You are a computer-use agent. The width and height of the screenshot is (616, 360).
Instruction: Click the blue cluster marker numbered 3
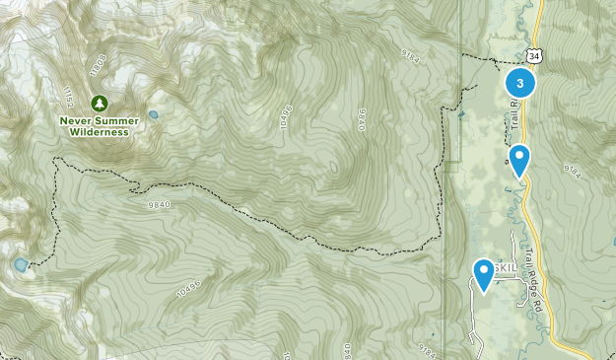pyautogui.click(x=519, y=84)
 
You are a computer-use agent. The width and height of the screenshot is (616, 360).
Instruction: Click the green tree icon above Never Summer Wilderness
pyautogui.click(x=99, y=103)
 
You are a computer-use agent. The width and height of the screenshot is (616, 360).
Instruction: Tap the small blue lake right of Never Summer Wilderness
pyautogui.click(x=154, y=115)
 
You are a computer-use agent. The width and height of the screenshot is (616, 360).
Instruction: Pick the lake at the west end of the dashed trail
pyautogui.click(x=20, y=264)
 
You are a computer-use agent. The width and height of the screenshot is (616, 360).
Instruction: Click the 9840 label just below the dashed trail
pyautogui.click(x=157, y=204)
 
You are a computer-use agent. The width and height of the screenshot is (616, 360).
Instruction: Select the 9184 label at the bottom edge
pyautogui.click(x=426, y=350)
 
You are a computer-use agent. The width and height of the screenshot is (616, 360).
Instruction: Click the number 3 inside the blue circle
pyautogui.click(x=519, y=84)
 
